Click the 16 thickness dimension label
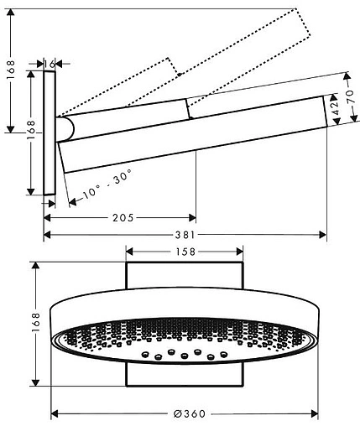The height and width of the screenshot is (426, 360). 50,64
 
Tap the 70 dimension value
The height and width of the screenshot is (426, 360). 352,96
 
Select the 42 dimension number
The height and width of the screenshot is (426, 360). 335,108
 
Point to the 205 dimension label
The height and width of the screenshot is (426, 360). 123,217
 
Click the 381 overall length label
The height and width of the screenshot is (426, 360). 185,235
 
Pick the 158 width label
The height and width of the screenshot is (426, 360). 185,252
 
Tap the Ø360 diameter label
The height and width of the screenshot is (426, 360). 190,413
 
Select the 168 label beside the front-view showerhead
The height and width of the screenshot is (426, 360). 35,322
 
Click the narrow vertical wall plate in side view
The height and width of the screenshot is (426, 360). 50,132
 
